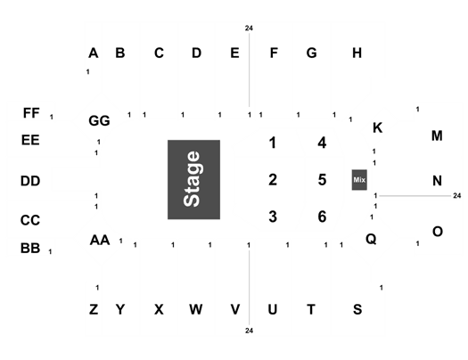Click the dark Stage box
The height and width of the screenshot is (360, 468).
[193, 179]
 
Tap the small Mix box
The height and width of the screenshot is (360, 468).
[359, 180]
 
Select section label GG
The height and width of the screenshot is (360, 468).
[99, 121]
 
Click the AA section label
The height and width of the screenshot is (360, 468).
[100, 240]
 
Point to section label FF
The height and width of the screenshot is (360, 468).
[31, 113]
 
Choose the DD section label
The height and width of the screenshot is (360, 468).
[30, 181]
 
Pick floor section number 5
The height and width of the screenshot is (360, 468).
[322, 180]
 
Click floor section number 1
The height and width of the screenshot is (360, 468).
[273, 143]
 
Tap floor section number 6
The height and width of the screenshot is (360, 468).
[322, 217]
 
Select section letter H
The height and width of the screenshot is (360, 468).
[357, 53]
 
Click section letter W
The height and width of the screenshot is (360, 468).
[196, 309]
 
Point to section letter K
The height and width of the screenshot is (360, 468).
[378, 127]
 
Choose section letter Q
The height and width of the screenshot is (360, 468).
[371, 239]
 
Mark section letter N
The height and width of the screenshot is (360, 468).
[438, 181]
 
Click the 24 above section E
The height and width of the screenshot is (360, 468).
[249, 28]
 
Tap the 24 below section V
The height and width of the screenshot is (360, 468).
[250, 331]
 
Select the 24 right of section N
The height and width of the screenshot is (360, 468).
[457, 196]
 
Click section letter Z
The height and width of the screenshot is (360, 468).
[94, 309]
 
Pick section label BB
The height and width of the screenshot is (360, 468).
[30, 248]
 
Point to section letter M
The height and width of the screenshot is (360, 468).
[437, 135]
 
